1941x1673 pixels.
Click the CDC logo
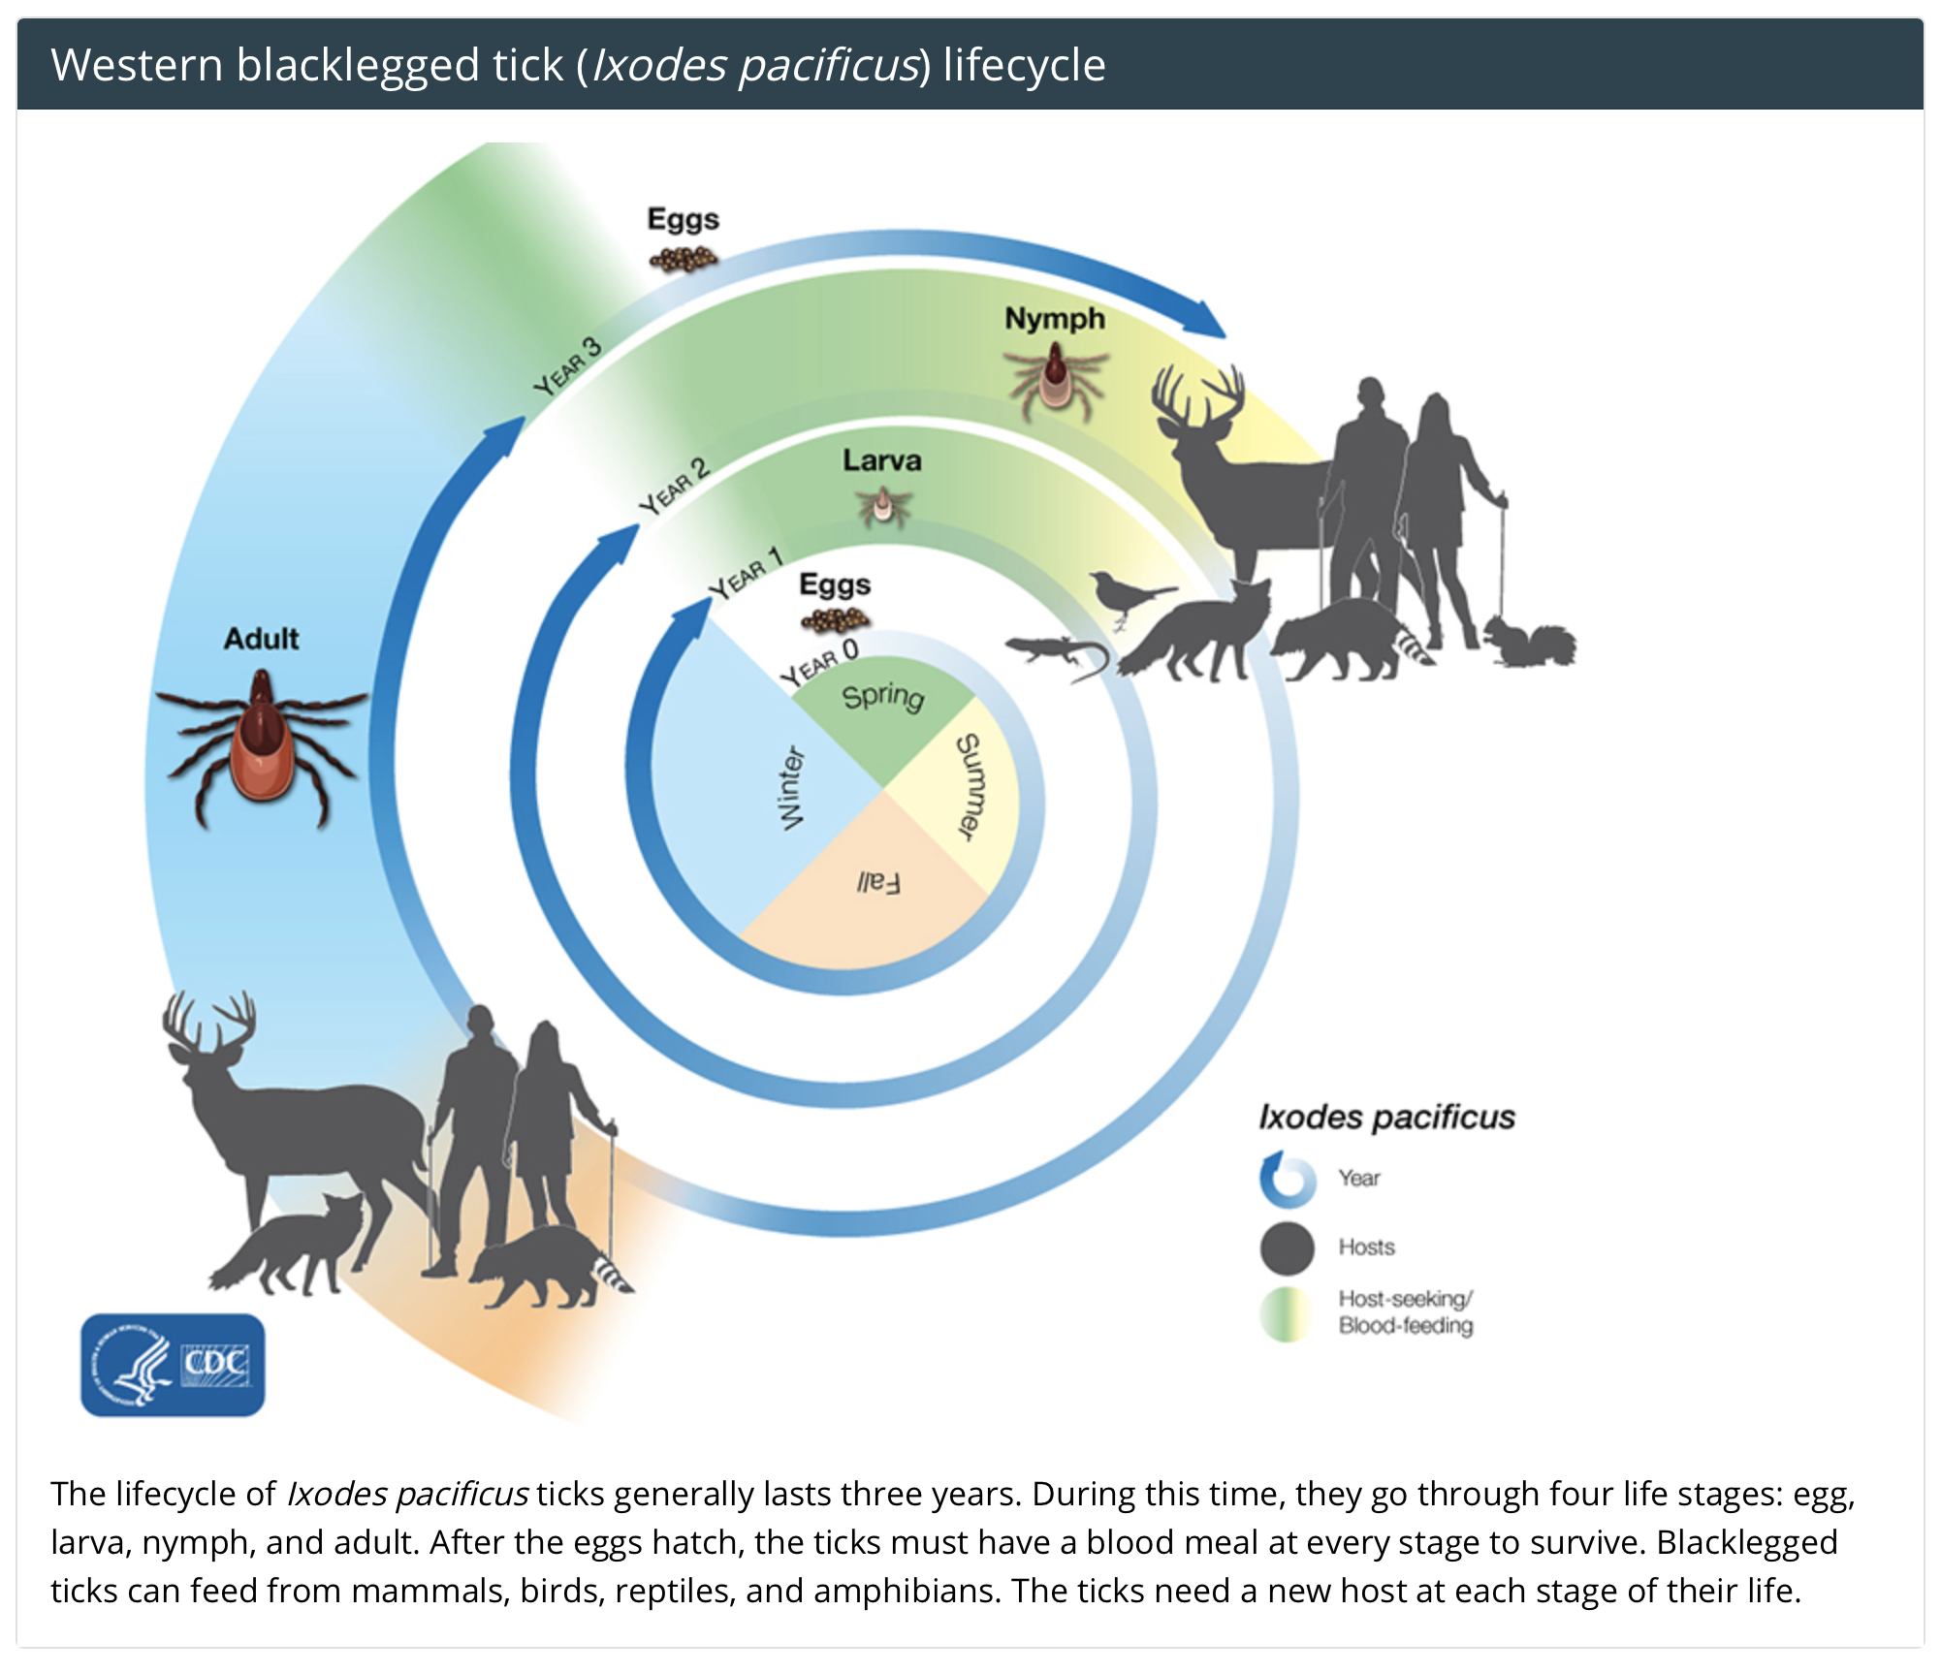tap(173, 1365)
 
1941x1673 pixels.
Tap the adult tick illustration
tap(262, 748)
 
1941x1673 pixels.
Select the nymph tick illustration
tap(1055, 380)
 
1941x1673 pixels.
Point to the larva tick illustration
tap(882, 505)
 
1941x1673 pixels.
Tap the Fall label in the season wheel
tap(879, 882)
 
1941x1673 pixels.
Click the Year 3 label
tap(568, 366)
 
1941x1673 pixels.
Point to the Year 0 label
tap(820, 662)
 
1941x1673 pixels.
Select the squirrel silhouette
tap(1530, 642)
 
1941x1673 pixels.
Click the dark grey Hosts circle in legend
tap(1288, 1247)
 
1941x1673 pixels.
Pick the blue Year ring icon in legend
tap(1288, 1180)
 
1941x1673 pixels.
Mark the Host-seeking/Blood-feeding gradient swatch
tap(1286, 1314)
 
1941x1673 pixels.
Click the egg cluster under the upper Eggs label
tap(684, 259)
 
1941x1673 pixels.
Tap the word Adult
tap(262, 639)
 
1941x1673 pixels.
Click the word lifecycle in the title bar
tap(1024, 66)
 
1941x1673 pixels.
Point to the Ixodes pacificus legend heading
tap(1386, 1117)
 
